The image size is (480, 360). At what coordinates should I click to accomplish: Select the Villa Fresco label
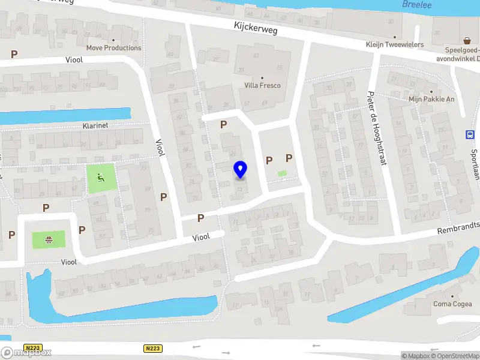(x=262, y=85)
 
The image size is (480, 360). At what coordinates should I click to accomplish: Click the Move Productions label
(x=114, y=48)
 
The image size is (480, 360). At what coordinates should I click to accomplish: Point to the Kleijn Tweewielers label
(x=395, y=44)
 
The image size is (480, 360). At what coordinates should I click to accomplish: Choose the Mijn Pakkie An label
(x=431, y=99)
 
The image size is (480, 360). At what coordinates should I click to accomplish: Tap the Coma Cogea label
(x=452, y=304)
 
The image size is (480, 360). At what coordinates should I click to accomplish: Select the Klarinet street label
(x=95, y=126)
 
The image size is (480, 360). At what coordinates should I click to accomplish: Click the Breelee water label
(x=418, y=4)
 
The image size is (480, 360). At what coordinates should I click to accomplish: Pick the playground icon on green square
(x=100, y=177)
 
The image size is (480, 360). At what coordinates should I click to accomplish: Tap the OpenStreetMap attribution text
(x=455, y=356)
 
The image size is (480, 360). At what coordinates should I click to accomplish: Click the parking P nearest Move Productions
(x=14, y=54)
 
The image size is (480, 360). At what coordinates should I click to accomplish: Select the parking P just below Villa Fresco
(x=224, y=124)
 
